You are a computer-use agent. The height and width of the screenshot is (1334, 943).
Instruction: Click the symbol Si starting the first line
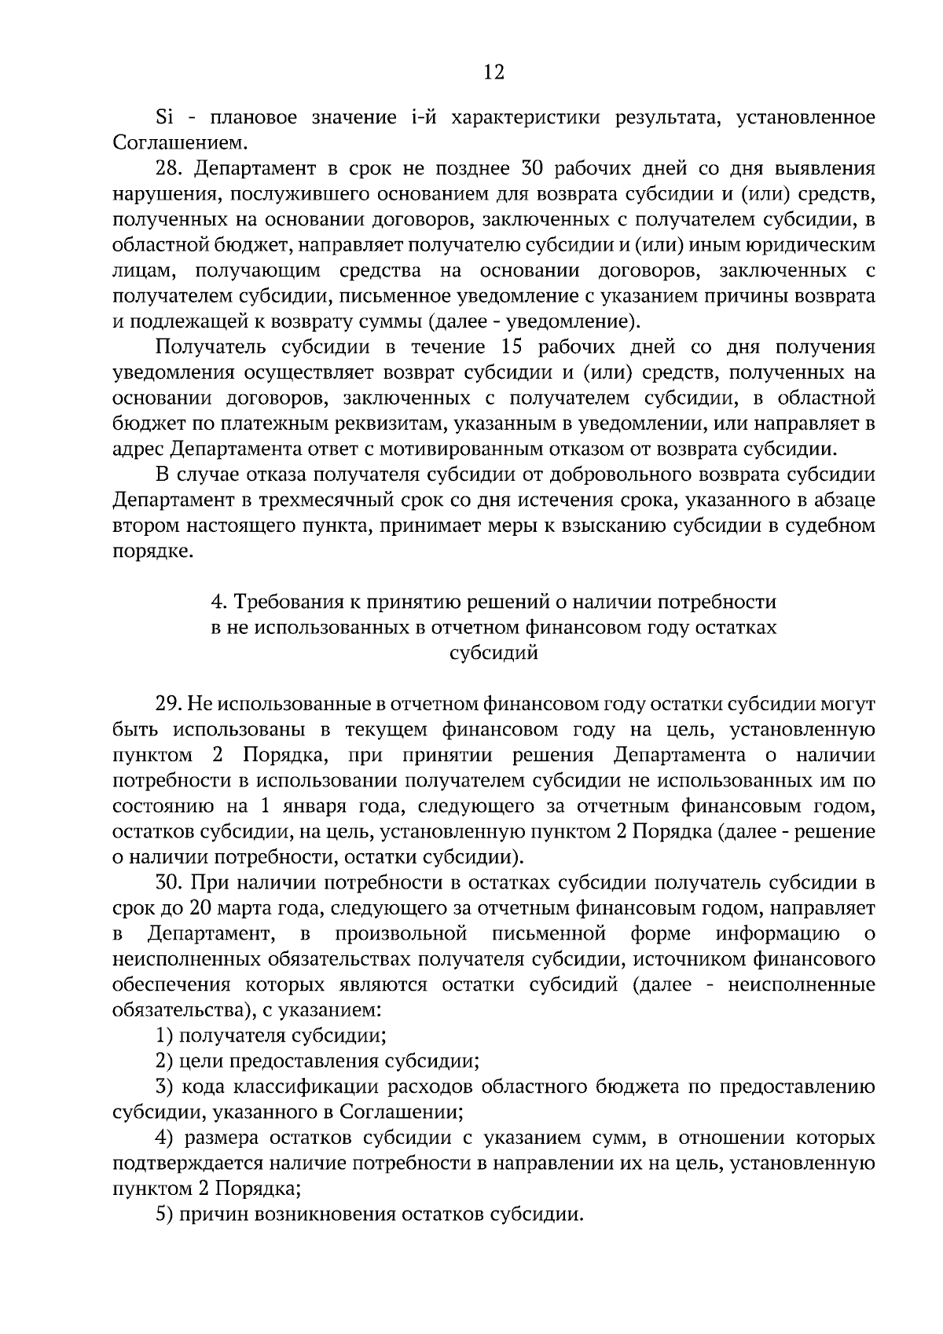(164, 118)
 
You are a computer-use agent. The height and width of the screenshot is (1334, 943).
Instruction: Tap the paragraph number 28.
(169, 169)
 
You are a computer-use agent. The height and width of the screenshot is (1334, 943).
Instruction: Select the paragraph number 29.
(169, 704)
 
